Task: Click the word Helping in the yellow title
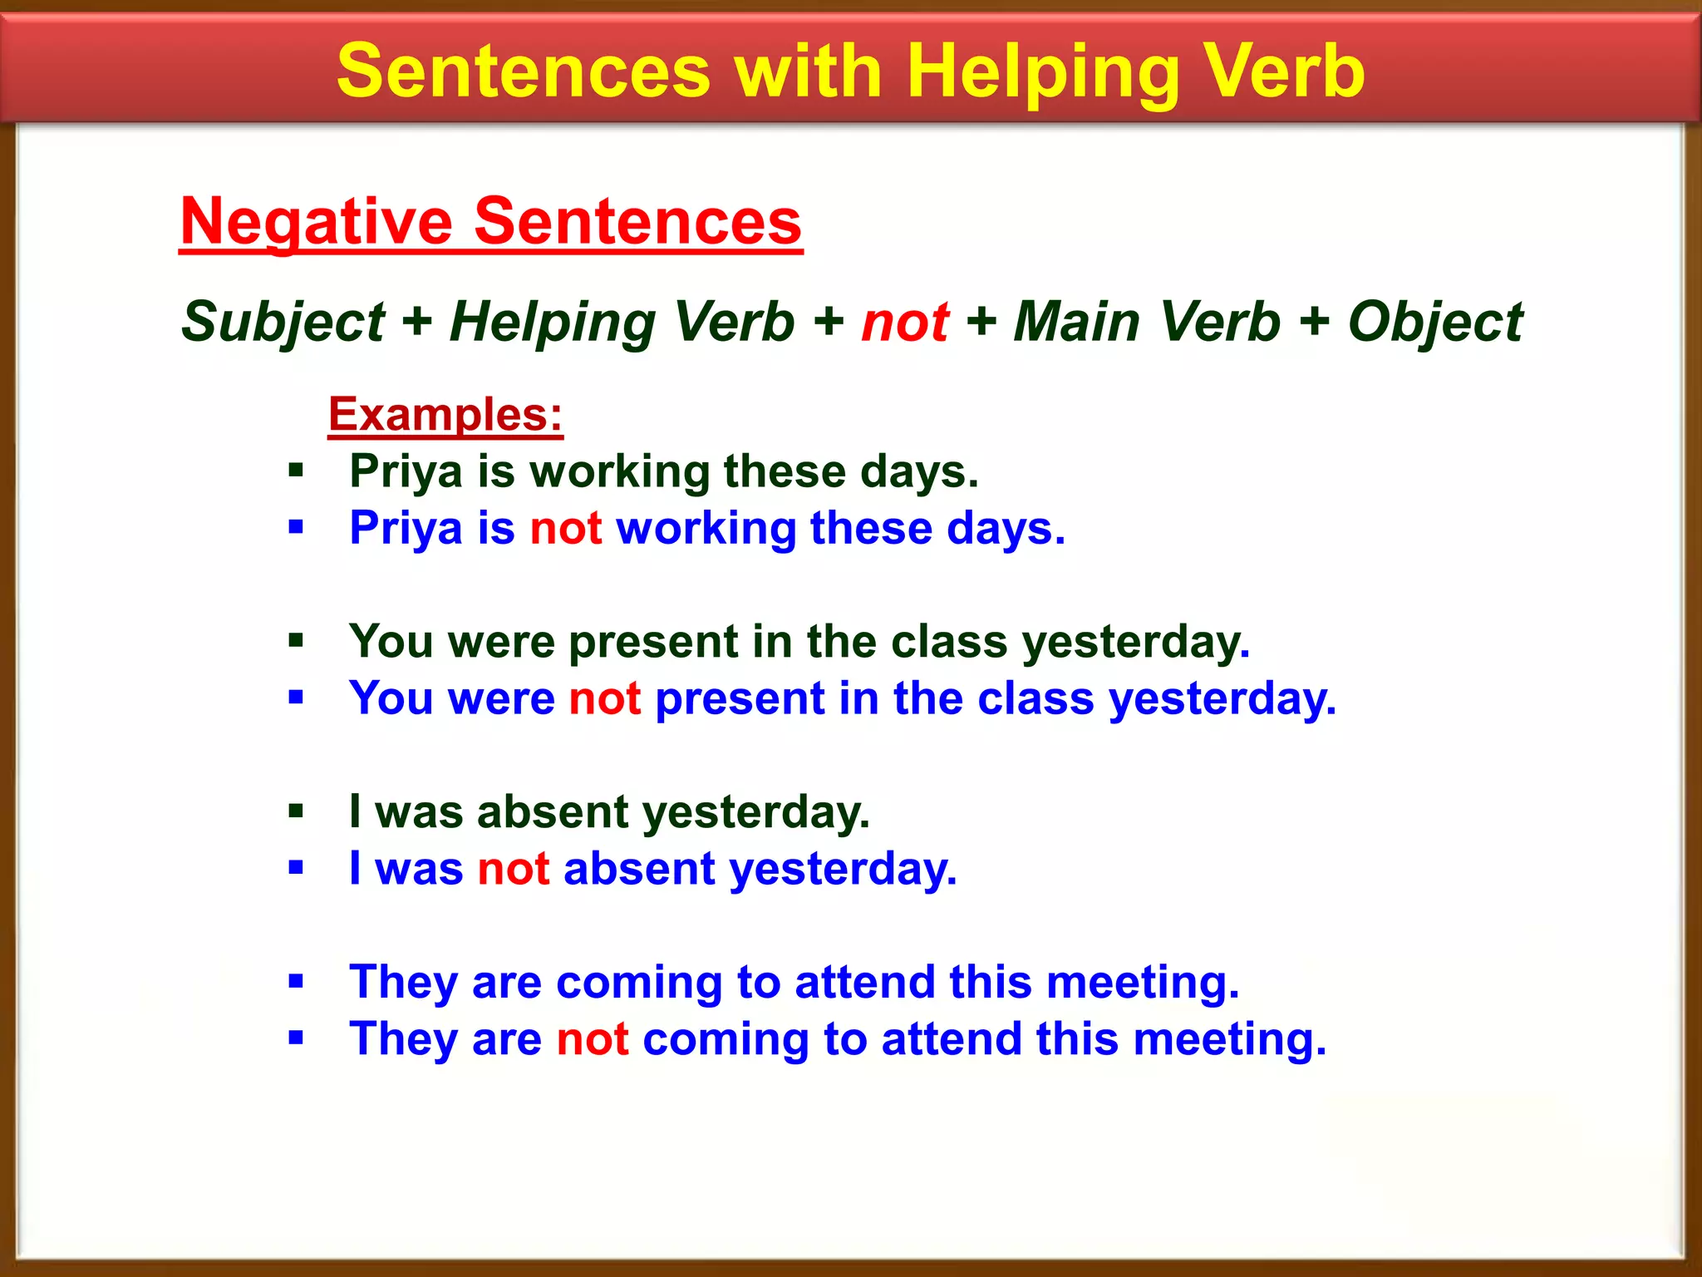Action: [x=1044, y=73]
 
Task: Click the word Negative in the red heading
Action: [x=317, y=223]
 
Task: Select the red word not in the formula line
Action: [x=905, y=322]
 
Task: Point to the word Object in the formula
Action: [x=1435, y=322]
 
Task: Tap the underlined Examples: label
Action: [x=445, y=414]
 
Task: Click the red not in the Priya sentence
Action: [x=565, y=528]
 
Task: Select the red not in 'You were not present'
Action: [x=604, y=698]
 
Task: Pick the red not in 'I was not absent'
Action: [x=513, y=869]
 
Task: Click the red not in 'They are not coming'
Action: [x=592, y=1039]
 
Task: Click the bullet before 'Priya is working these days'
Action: [x=296, y=471]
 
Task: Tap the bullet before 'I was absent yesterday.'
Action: [x=296, y=811]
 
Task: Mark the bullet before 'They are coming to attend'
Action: [x=296, y=982]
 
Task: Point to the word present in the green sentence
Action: [x=653, y=643]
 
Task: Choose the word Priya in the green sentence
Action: [x=406, y=471]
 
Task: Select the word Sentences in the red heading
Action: [x=637, y=223]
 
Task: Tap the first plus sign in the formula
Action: [x=416, y=322]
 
